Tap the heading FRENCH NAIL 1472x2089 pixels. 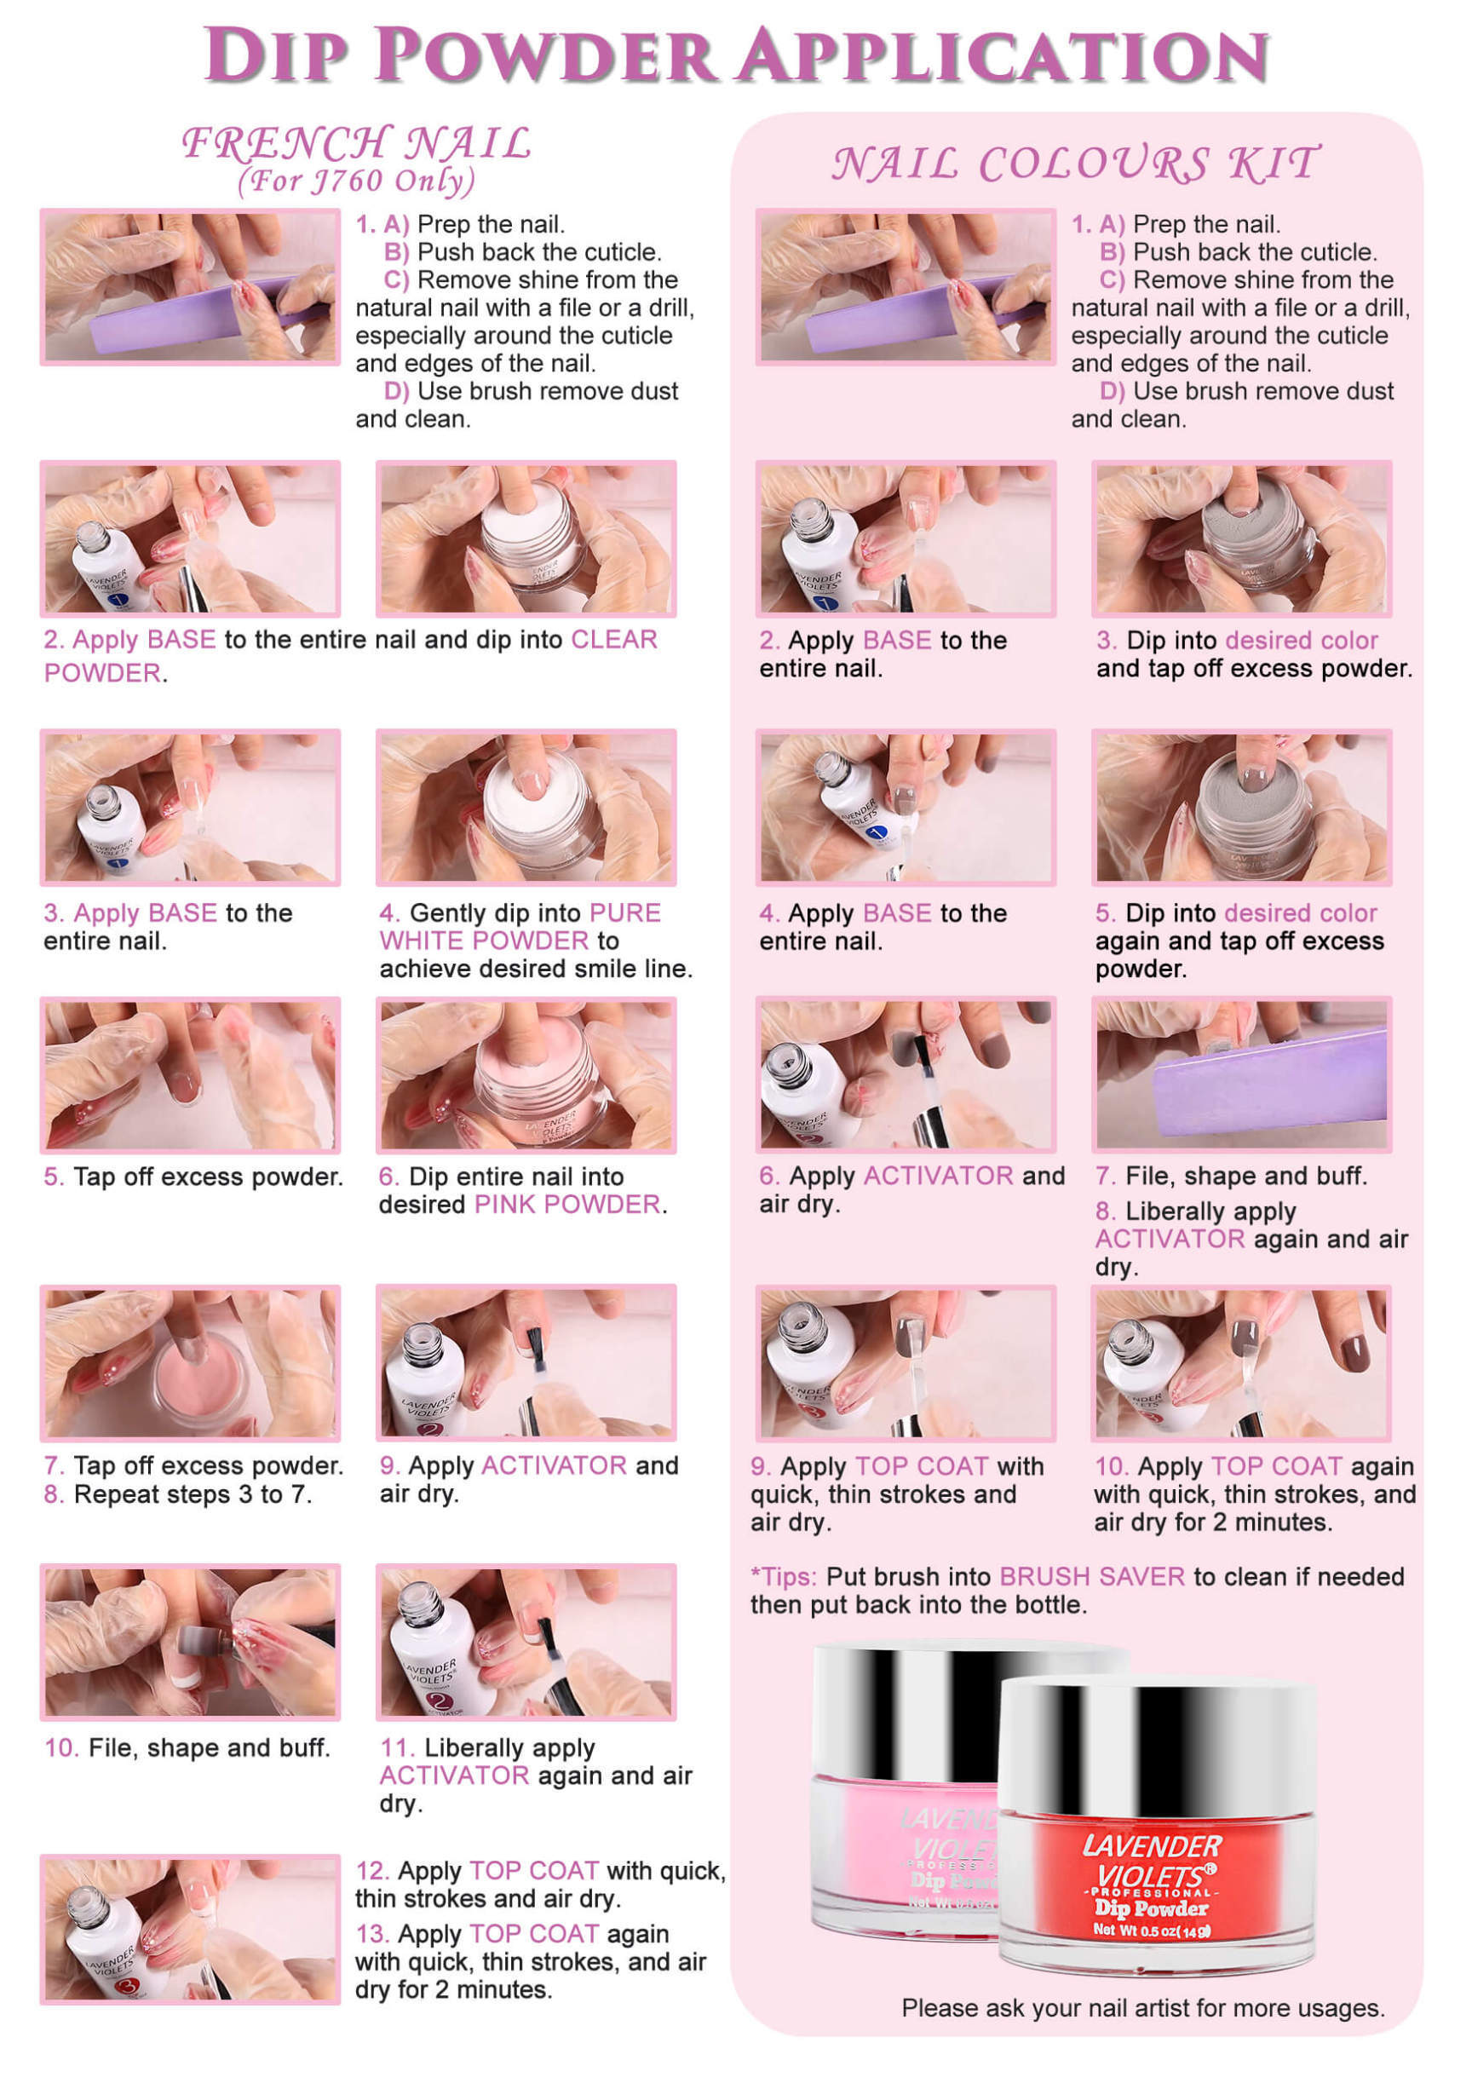(357, 143)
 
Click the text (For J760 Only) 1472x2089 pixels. (357, 181)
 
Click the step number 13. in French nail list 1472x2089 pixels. (372, 1933)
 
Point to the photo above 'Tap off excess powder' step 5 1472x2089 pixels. (190, 1074)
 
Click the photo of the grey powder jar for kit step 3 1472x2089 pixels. (1241, 538)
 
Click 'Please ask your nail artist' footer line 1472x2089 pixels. (1142, 2008)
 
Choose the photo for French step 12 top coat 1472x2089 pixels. (190, 1931)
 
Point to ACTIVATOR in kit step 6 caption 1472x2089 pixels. (937, 1176)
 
